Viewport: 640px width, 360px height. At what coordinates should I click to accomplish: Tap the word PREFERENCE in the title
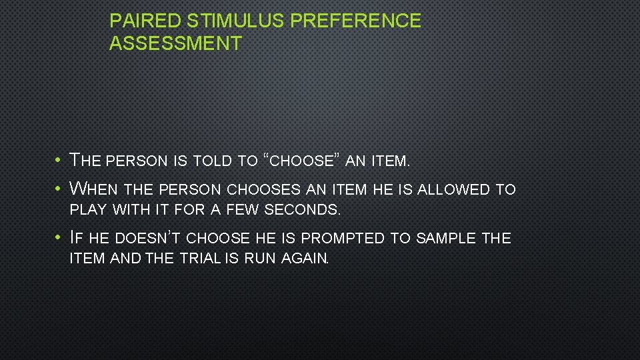point(356,21)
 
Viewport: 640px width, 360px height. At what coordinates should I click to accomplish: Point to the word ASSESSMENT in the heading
point(175,44)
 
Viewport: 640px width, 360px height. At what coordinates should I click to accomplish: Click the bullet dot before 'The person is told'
point(59,161)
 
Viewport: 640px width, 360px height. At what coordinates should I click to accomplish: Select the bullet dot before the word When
point(59,189)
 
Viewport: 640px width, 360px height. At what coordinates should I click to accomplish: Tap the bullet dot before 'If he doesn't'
point(59,238)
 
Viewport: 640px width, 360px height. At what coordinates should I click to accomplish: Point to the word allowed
point(454,189)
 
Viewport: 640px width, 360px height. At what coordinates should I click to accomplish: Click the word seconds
point(302,210)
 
